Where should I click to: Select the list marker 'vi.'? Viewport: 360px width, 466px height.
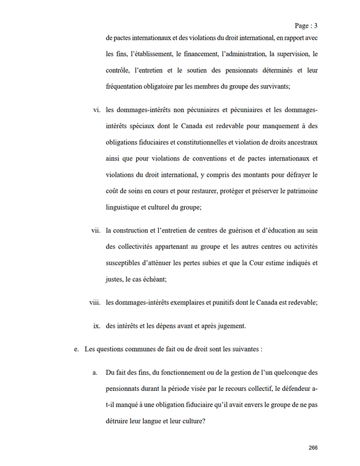(97, 110)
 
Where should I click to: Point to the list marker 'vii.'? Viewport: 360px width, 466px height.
(95, 230)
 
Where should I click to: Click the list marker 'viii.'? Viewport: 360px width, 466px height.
(94, 302)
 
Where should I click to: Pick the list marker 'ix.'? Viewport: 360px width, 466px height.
(97, 326)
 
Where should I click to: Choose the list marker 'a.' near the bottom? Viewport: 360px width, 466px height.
(95, 373)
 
